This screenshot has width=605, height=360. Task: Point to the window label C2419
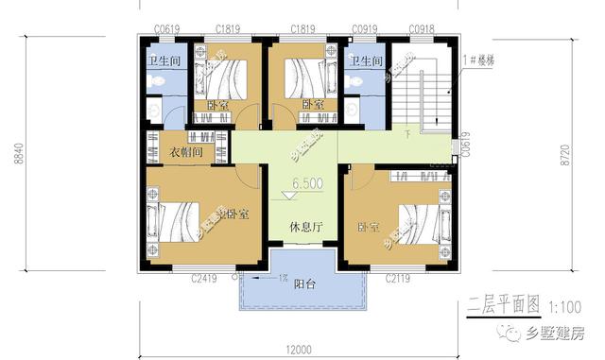tap(204, 279)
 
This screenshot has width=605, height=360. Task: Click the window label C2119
tap(399, 279)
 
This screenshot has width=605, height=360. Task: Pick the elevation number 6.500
tap(307, 183)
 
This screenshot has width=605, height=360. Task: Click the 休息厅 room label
tap(304, 228)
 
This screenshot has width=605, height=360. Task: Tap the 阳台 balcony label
tap(304, 284)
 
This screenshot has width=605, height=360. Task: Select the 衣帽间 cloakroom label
tap(187, 151)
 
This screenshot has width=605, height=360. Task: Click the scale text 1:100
tap(564, 306)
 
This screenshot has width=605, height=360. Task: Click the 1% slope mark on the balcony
tap(283, 278)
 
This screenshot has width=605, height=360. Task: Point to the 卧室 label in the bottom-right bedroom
tap(369, 228)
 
